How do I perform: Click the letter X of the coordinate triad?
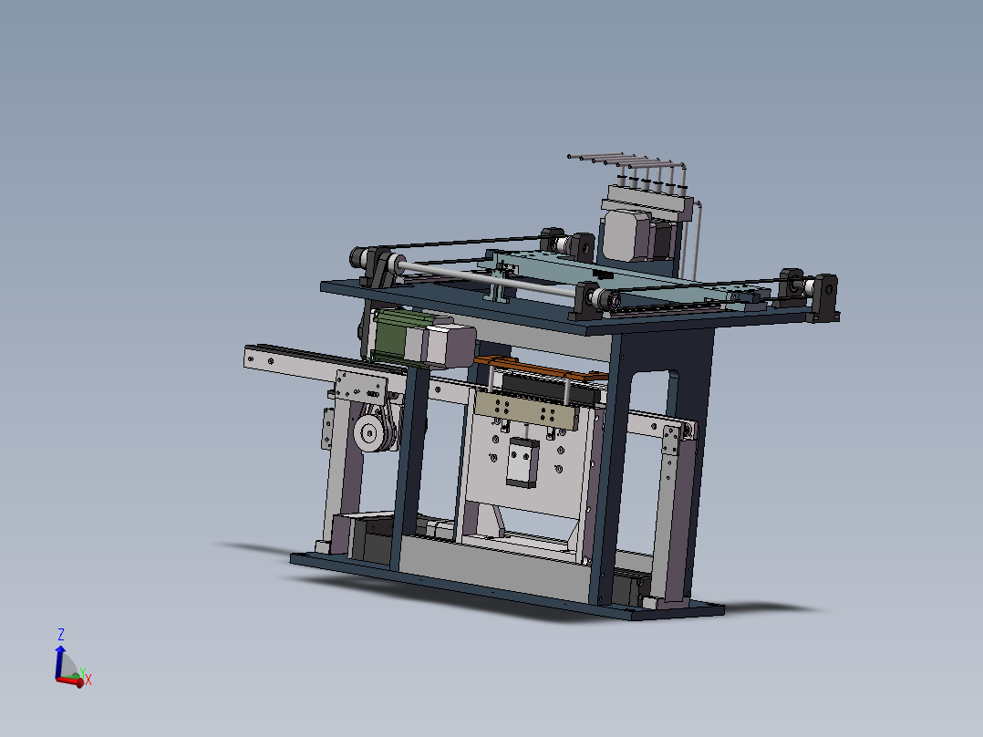pos(88,680)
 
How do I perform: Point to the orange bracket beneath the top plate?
pos(538,368)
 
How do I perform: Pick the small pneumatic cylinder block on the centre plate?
pos(522,462)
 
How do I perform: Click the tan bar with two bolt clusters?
pos(525,410)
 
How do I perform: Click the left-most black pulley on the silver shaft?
pos(395,266)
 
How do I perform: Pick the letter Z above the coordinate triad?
pos(61,633)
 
